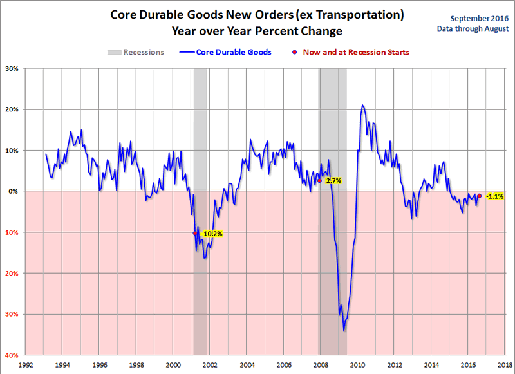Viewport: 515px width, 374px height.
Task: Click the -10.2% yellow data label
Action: (212, 234)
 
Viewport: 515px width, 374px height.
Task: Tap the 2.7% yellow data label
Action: (333, 181)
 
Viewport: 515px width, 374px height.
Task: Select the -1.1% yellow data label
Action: (494, 196)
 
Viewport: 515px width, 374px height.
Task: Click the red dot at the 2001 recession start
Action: (195, 233)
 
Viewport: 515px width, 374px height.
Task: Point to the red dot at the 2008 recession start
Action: (319, 181)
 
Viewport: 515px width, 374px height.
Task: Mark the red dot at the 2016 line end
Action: (479, 196)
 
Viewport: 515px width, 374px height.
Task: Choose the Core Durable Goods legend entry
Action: (225, 52)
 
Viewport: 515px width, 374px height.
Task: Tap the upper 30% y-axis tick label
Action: (12, 68)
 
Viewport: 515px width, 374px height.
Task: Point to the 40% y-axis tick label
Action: (12, 355)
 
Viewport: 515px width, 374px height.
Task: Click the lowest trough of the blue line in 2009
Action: (344, 330)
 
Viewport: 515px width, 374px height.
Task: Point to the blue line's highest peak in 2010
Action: (362, 105)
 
